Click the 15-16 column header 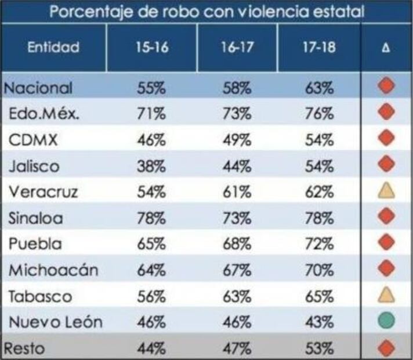(x=152, y=48)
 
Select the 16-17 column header (x=237, y=48)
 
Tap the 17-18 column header (x=319, y=48)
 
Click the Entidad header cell (x=53, y=48)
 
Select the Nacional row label (x=38, y=88)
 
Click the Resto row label (x=25, y=348)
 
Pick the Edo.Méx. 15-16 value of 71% (x=151, y=114)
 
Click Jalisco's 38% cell (x=151, y=167)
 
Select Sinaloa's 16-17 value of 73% (x=237, y=218)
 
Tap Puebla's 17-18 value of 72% (x=319, y=244)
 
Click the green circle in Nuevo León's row (x=386, y=321)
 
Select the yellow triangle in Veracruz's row (x=386, y=191)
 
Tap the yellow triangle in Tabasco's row (x=386, y=295)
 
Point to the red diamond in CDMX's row (x=386, y=139)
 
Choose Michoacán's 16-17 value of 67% (x=237, y=271)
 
